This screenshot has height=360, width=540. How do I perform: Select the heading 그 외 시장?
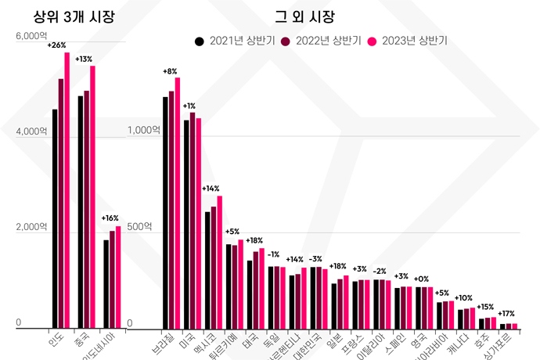(304, 16)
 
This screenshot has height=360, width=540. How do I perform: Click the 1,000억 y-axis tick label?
(142, 131)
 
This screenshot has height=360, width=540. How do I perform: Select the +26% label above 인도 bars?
(56, 45)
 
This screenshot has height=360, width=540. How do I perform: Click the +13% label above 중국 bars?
(83, 59)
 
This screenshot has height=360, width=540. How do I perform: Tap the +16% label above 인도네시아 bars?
(110, 218)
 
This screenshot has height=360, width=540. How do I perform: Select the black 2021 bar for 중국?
(81, 211)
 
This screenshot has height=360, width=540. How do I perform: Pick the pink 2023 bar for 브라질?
(178, 203)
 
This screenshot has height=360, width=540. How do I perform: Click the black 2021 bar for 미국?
(186, 224)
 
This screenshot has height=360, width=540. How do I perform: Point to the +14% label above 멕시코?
(211, 189)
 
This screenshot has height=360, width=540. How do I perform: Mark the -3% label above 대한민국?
(315, 258)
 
